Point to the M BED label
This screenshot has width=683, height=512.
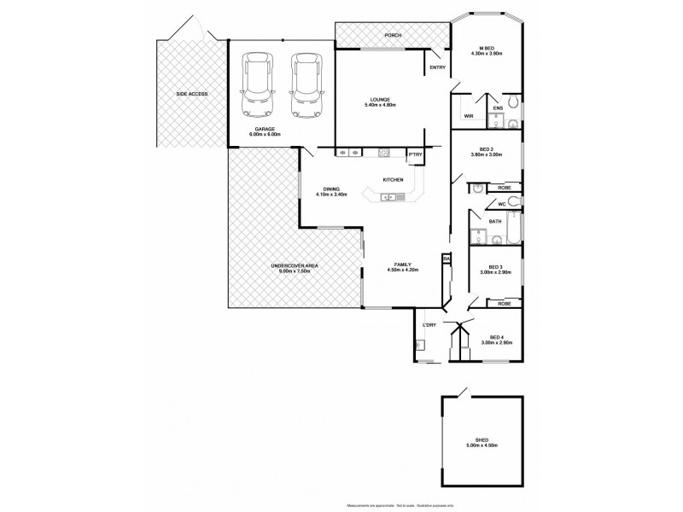pyautogui.click(x=487, y=47)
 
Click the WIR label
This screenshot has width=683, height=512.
pyautogui.click(x=469, y=116)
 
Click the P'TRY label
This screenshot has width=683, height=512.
pyautogui.click(x=415, y=154)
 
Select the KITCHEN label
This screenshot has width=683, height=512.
pyautogui.click(x=393, y=179)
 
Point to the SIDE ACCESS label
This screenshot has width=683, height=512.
pyautogui.click(x=191, y=94)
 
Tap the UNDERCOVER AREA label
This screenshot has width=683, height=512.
pyautogui.click(x=295, y=266)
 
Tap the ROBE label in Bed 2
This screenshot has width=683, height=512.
pyautogui.click(x=504, y=187)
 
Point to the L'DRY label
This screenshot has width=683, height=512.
pyautogui.click(x=430, y=325)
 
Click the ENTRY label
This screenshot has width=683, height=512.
pyautogui.click(x=437, y=67)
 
